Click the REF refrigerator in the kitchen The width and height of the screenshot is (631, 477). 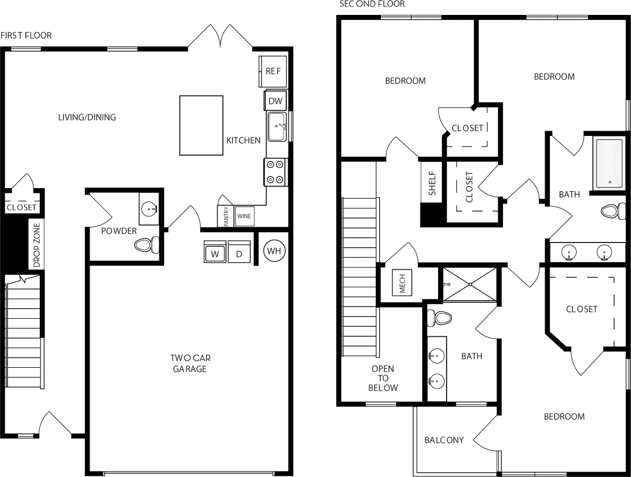click(273, 71)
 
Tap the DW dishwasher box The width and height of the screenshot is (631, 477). click(275, 101)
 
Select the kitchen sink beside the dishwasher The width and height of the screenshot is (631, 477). click(277, 127)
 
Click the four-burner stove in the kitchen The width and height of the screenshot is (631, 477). click(276, 172)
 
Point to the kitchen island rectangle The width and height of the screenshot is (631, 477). click(201, 125)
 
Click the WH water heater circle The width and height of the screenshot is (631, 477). click(274, 250)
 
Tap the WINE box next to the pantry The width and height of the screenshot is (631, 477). click(244, 216)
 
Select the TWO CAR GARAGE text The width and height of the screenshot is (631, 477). click(189, 363)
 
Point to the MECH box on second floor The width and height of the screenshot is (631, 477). click(402, 282)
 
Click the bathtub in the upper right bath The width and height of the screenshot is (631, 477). click(609, 163)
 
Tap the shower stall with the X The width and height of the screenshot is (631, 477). click(470, 285)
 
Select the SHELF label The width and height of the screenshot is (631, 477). click(432, 183)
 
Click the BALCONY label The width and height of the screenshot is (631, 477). click(444, 440)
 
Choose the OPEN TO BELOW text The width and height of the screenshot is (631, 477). click(383, 378)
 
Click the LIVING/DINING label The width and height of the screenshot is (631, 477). click(87, 117)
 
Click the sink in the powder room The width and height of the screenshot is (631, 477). click(150, 208)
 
